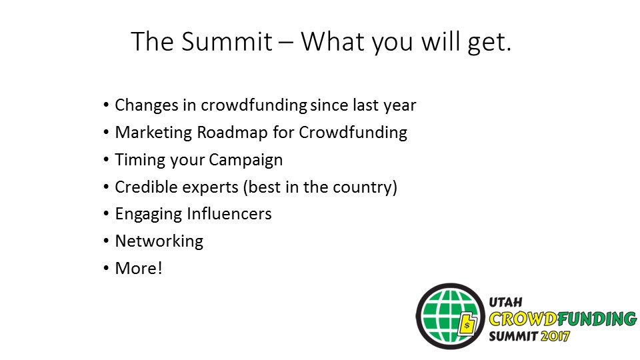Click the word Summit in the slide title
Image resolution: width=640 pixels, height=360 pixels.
(227, 41)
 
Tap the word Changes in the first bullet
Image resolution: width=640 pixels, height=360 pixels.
(147, 105)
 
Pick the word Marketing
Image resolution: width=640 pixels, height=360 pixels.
(153, 133)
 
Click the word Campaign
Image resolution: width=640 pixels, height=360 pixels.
(246, 160)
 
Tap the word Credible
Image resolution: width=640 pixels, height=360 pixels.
(146, 187)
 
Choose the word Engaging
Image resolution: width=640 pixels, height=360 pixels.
(148, 214)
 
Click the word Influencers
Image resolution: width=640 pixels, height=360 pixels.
(229, 214)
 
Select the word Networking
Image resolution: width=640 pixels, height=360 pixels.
(159, 241)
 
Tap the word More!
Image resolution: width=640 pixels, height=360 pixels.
(139, 269)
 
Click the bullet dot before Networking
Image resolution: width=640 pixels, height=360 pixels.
(106, 241)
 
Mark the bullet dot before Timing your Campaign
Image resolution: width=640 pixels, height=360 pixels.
(106, 159)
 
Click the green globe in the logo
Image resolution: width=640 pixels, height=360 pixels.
(450, 316)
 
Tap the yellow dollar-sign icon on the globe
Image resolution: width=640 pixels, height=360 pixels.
(468, 325)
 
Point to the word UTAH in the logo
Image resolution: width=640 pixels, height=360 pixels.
(505, 302)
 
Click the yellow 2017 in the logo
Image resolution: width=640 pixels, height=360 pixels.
(555, 336)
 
